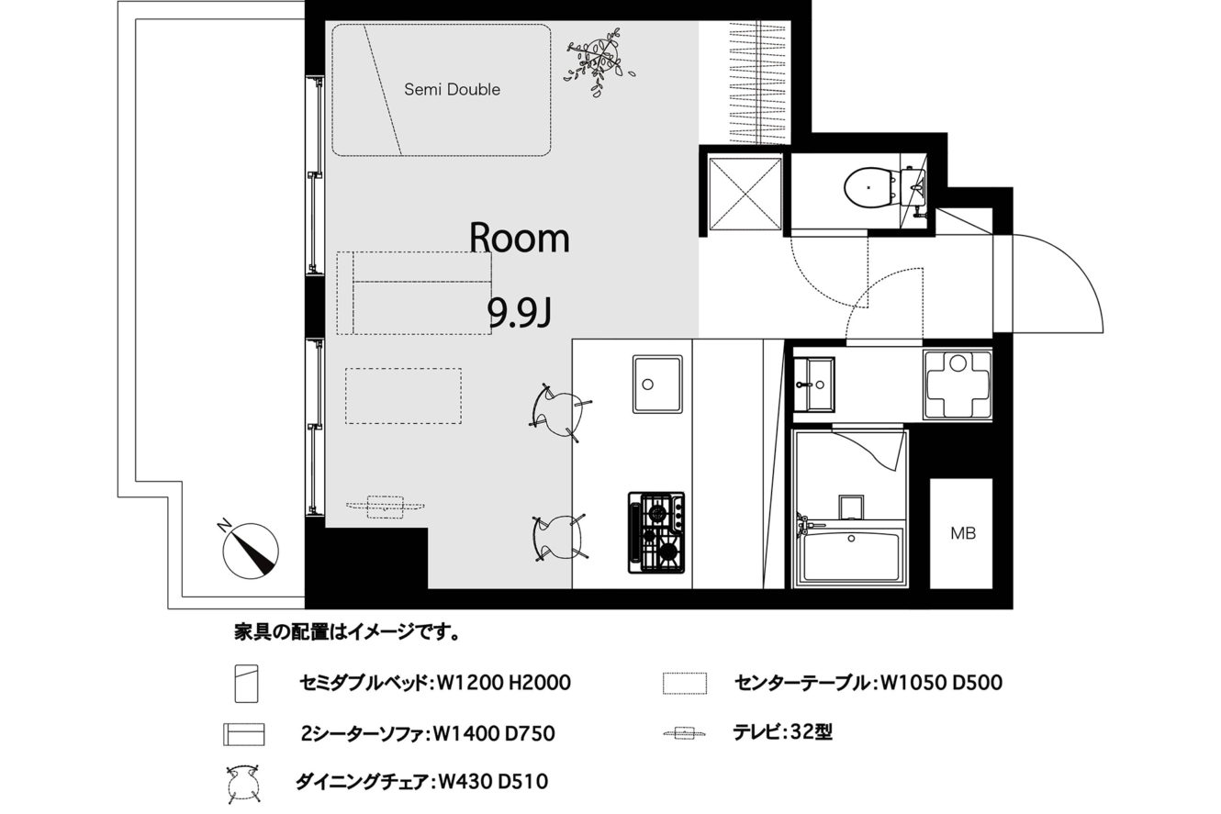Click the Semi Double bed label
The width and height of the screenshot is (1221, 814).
coord(452,89)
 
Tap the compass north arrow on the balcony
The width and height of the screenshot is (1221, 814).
coord(251,550)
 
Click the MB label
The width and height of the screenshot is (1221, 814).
coord(963,533)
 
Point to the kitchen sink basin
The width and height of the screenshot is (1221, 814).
coord(657,385)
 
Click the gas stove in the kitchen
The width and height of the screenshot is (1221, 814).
coord(656,532)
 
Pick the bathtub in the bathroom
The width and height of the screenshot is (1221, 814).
coord(850,557)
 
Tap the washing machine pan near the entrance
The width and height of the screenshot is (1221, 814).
coord(958,385)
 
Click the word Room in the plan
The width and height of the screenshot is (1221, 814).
coord(520,238)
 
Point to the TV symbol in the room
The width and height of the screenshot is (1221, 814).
coord(385,507)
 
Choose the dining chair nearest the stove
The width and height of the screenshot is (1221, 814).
coord(560,537)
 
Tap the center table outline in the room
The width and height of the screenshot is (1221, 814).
coord(403,396)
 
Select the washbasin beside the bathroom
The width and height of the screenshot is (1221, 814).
coord(813,385)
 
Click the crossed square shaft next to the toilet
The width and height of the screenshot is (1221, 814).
coord(745,194)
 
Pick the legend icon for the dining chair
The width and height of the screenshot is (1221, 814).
coord(242,785)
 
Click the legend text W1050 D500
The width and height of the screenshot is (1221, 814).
coord(941,683)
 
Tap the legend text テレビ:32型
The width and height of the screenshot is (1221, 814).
coord(782,732)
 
